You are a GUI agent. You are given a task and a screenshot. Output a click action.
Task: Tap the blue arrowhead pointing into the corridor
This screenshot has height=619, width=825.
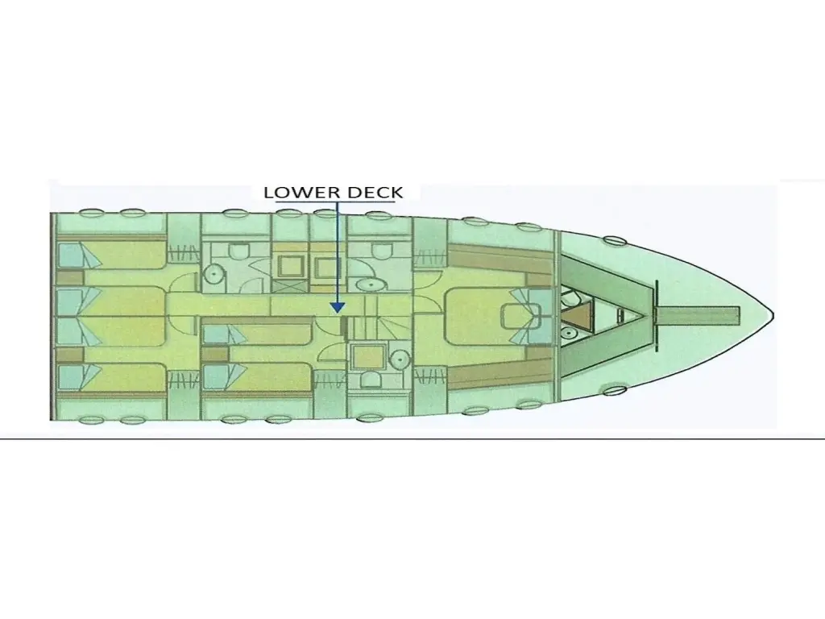pyautogui.click(x=338, y=307)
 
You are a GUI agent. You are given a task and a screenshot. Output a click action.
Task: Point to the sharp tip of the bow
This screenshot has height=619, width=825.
pyautogui.click(x=773, y=316)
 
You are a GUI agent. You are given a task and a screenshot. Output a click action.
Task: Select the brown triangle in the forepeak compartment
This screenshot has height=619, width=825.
pyautogui.click(x=577, y=315)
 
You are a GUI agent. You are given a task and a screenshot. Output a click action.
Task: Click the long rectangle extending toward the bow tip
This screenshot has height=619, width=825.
pyautogui.click(x=698, y=315)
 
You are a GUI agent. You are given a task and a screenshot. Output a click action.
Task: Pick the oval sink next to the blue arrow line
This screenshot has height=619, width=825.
pyautogui.click(x=372, y=285)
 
